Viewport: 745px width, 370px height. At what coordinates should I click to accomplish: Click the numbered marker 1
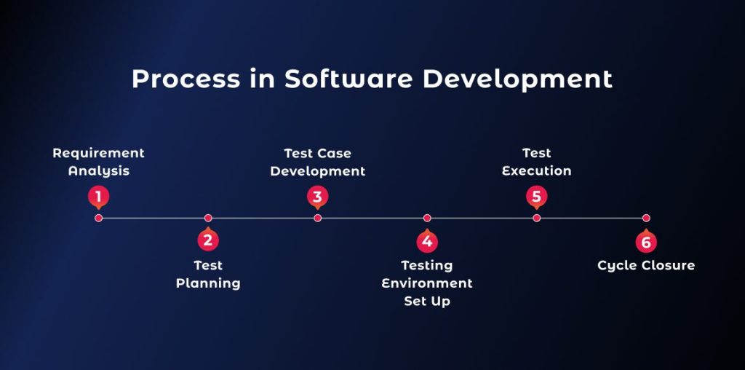98,197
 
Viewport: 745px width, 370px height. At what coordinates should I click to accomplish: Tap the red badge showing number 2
208,240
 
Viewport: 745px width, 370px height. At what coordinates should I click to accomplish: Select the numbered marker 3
317,197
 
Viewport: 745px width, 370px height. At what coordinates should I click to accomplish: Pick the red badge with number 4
427,240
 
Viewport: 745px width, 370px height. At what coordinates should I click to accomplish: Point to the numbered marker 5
536,197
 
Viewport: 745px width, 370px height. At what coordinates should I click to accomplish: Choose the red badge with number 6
646,240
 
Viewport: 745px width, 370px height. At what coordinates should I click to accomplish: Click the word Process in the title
186,79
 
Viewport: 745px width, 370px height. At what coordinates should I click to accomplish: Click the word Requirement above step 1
98,153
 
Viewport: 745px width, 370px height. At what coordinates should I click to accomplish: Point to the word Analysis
99,171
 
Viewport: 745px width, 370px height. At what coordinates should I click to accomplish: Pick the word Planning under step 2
208,283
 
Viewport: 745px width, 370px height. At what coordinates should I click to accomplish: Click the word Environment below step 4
427,283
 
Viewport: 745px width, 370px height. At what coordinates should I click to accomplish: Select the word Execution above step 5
536,170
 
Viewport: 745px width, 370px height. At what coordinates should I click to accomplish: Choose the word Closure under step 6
669,265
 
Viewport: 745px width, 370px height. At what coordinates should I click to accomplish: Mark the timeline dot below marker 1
98,218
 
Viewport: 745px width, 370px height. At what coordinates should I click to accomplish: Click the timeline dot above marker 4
427,218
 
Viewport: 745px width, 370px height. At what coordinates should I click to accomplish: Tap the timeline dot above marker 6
646,218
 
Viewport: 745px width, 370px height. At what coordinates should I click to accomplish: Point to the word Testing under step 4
427,266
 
